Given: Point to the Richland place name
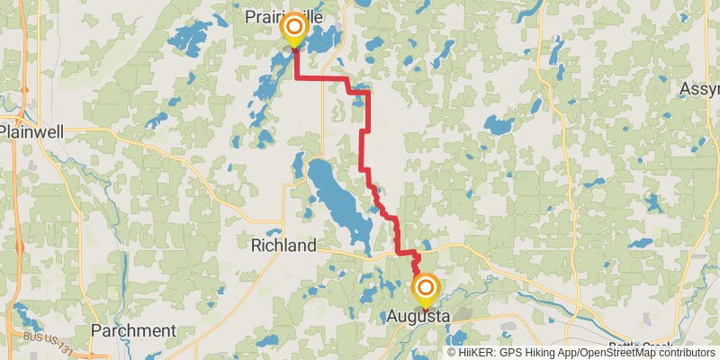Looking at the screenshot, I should tap(283, 246).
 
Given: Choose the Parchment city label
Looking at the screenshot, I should tap(133, 330).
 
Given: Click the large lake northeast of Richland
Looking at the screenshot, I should tap(337, 198).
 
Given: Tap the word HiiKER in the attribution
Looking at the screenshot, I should tap(479, 352).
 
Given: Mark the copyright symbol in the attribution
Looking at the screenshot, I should tap(453, 352).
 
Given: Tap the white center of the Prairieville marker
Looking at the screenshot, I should tap(294, 28).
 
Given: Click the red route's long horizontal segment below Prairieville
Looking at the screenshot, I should tap(322, 79).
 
